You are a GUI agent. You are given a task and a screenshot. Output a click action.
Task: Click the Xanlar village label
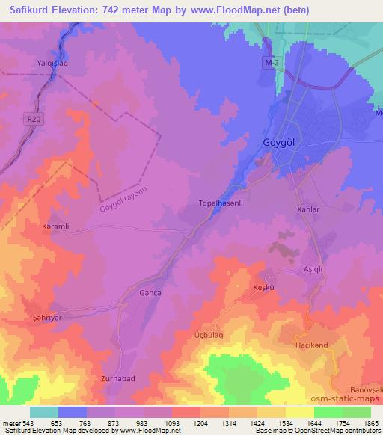(308, 210)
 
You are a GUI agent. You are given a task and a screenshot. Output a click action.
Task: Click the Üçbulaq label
(209, 336)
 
